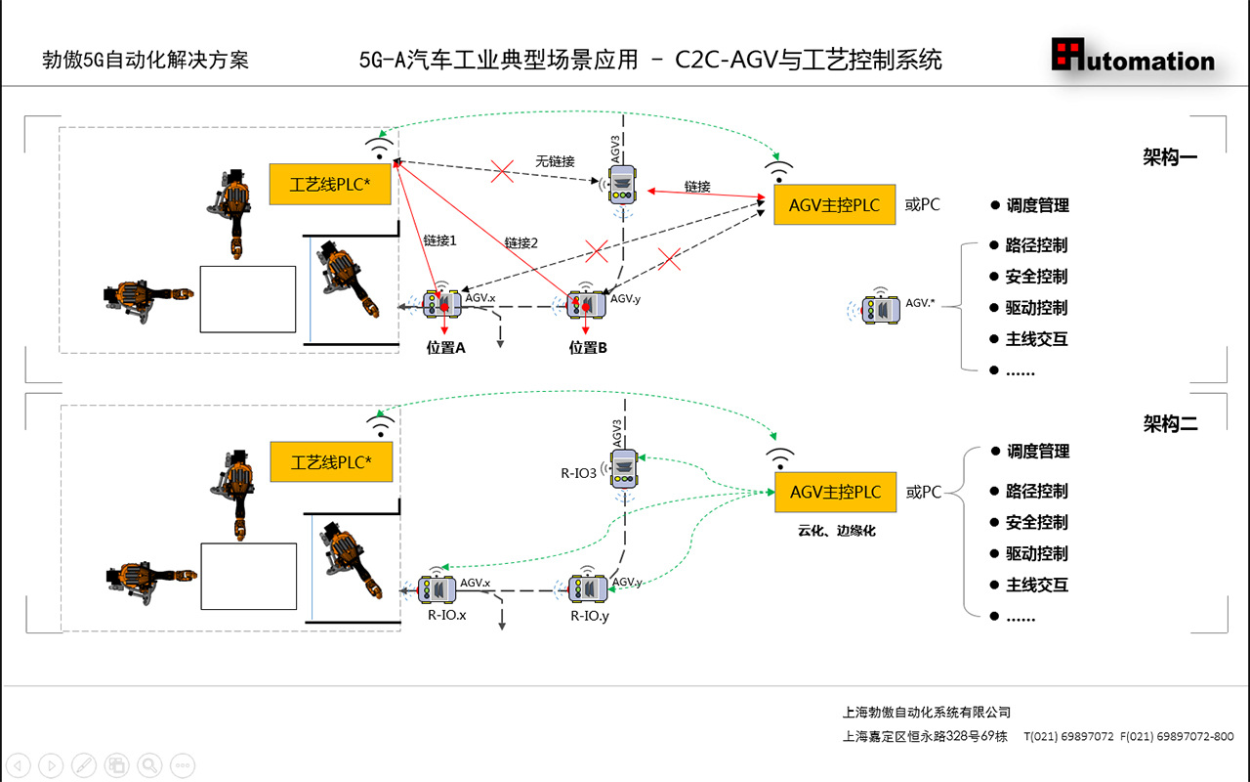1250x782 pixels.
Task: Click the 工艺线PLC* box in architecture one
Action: tap(330, 184)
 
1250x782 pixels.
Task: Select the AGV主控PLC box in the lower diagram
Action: tap(835, 492)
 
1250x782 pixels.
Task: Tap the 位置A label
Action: tap(445, 347)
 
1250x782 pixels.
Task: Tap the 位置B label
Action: tap(589, 347)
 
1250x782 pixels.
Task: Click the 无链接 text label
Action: tap(555, 160)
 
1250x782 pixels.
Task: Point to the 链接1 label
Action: tap(439, 239)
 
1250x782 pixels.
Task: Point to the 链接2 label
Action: tap(521, 242)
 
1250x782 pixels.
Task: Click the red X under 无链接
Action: tap(502, 173)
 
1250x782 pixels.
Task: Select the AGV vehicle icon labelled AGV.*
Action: tap(881, 308)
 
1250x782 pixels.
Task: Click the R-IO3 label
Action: tap(578, 473)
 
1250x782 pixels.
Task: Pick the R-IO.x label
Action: tap(447, 616)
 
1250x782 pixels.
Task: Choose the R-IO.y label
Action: tap(590, 616)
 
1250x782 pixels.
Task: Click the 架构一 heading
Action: tap(1170, 157)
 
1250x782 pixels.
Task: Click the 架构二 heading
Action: tap(1170, 423)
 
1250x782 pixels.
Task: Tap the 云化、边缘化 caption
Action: tap(835, 531)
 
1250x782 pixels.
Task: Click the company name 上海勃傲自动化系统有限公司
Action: tap(926, 712)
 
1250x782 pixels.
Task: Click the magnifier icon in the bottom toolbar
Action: tap(149, 764)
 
